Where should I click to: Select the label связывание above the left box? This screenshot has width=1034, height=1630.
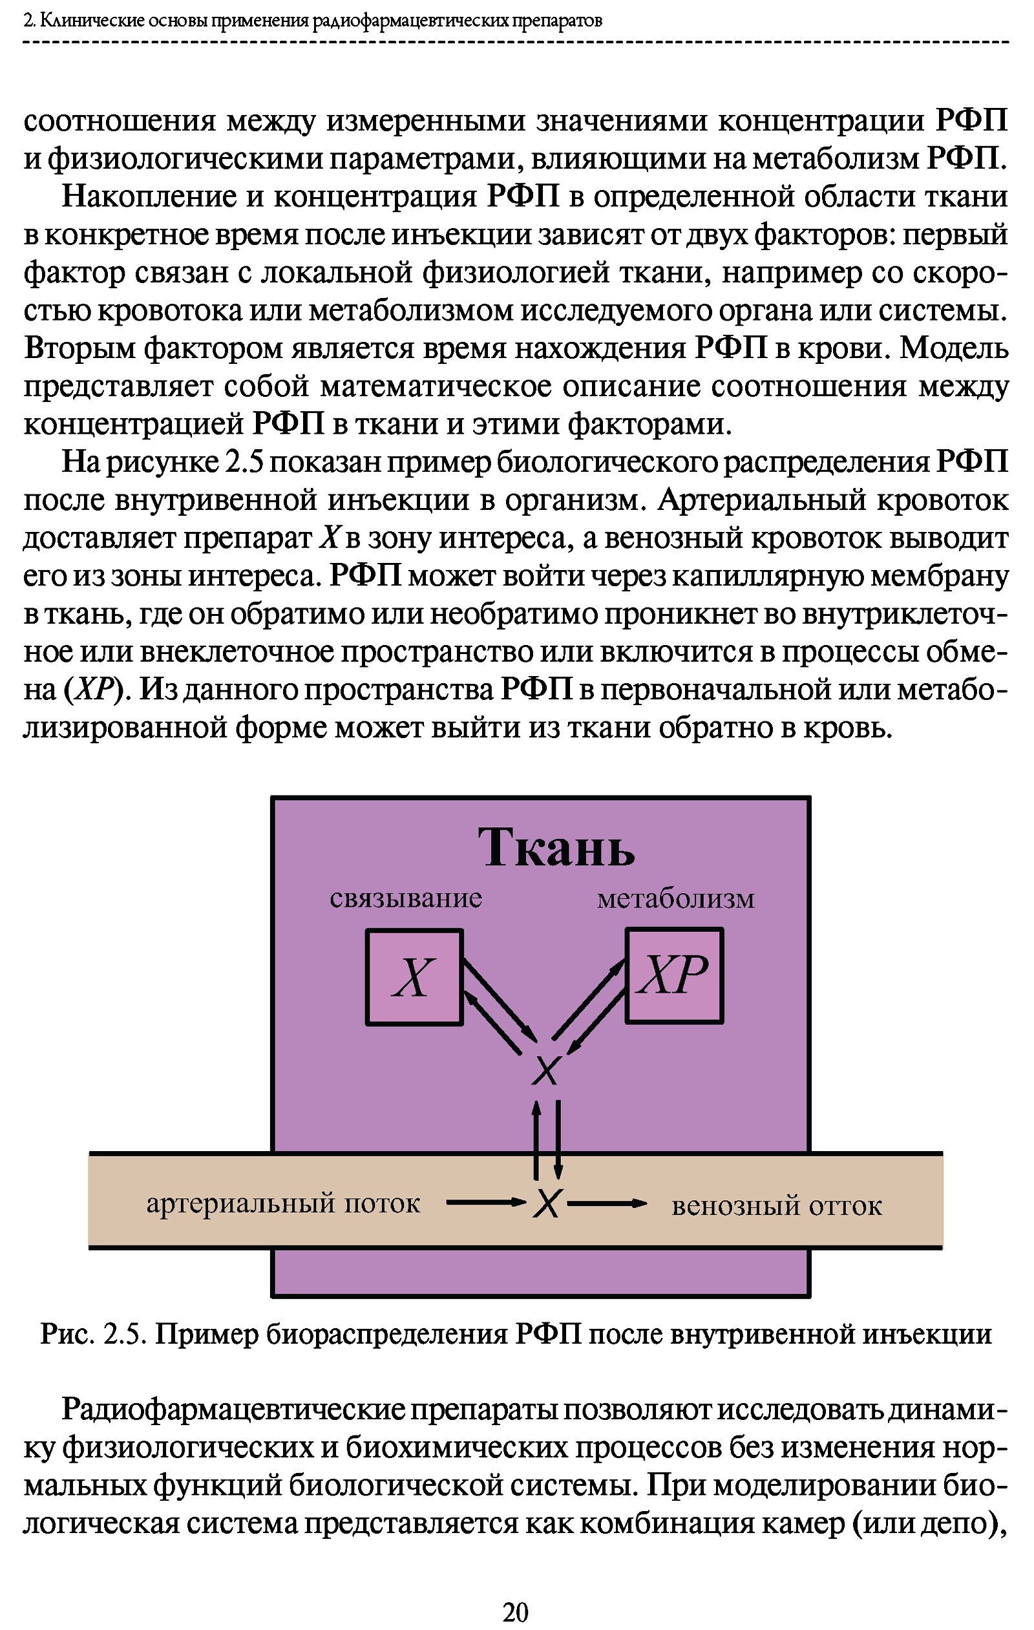coord(405,898)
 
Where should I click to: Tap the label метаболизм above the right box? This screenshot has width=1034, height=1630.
coord(675,899)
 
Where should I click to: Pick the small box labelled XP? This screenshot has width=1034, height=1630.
coord(674,975)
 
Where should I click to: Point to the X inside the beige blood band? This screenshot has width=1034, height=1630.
coord(547,1204)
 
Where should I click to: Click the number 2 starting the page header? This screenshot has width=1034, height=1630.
coord(28,21)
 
